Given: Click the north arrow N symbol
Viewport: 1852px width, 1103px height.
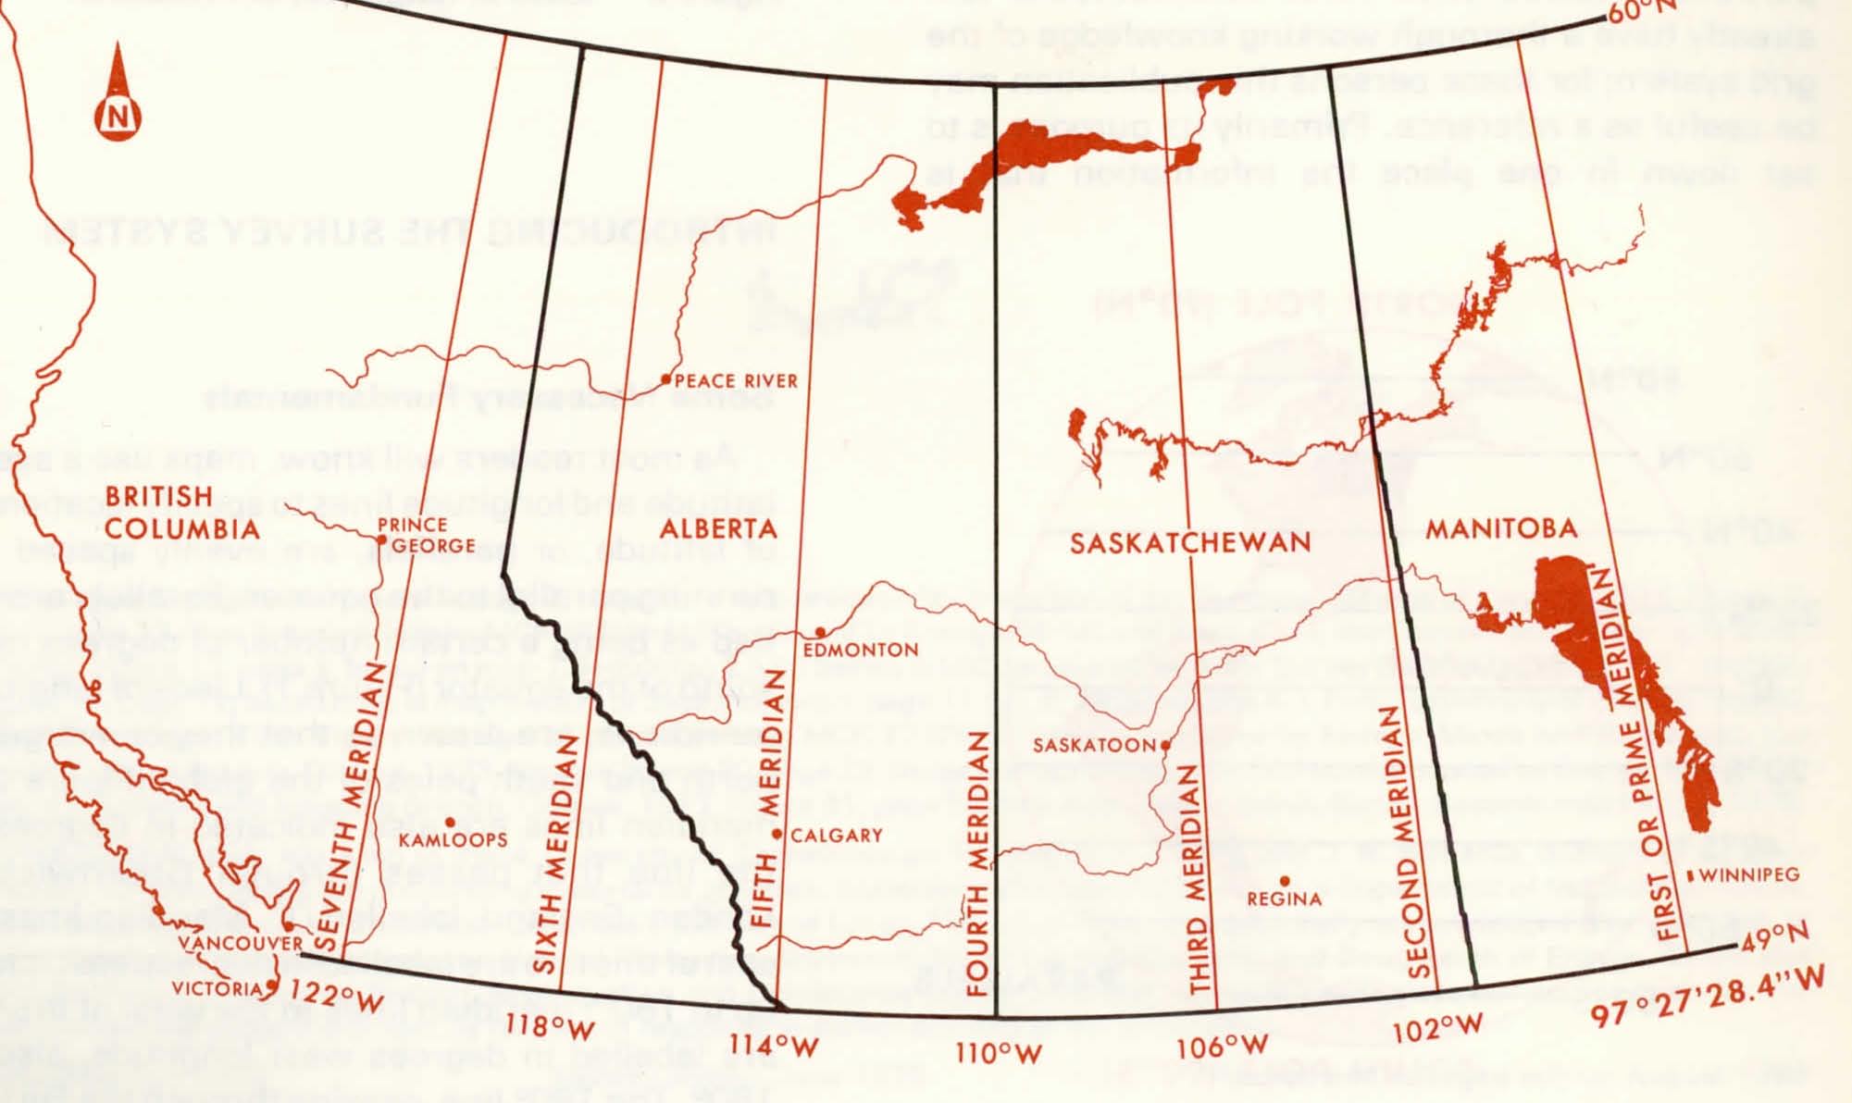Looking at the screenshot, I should (x=118, y=118).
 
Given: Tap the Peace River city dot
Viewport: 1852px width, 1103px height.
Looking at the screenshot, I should (x=665, y=378).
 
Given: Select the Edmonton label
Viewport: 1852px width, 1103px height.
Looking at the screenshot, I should (x=860, y=651).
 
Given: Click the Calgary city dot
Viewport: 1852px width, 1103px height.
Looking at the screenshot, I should (x=777, y=835).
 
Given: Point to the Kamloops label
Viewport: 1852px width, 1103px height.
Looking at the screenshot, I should (x=454, y=840).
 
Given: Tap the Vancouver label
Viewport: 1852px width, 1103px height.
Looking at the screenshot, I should (x=240, y=944).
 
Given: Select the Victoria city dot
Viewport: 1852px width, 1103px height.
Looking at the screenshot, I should (x=270, y=985).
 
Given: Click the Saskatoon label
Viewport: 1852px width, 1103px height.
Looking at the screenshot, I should (x=1094, y=745).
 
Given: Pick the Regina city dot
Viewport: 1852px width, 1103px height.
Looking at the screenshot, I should (x=1285, y=881).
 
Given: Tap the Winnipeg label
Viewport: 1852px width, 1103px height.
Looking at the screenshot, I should (x=1748, y=874).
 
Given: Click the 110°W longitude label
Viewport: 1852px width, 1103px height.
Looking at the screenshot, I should (x=999, y=1053).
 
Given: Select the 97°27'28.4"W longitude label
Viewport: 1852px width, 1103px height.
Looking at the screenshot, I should (x=1708, y=1002).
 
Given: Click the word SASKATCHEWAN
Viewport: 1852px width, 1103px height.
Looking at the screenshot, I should (x=1190, y=542).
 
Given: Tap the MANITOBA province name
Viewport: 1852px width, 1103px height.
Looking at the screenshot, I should (x=1500, y=528).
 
